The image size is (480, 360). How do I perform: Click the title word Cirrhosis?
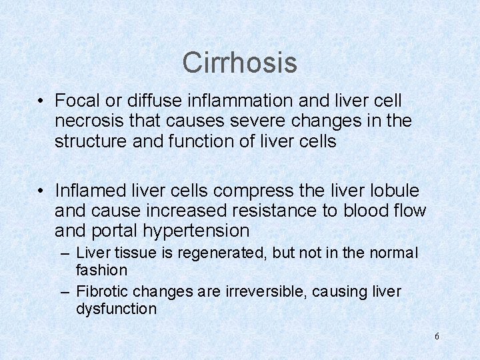(239, 63)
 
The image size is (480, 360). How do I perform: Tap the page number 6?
(437, 336)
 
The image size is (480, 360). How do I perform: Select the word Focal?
(75, 100)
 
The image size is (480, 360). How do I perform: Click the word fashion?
(101, 270)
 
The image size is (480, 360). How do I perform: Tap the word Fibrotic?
(102, 292)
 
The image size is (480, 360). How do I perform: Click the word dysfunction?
(116, 309)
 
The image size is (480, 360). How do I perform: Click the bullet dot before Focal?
(41, 101)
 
